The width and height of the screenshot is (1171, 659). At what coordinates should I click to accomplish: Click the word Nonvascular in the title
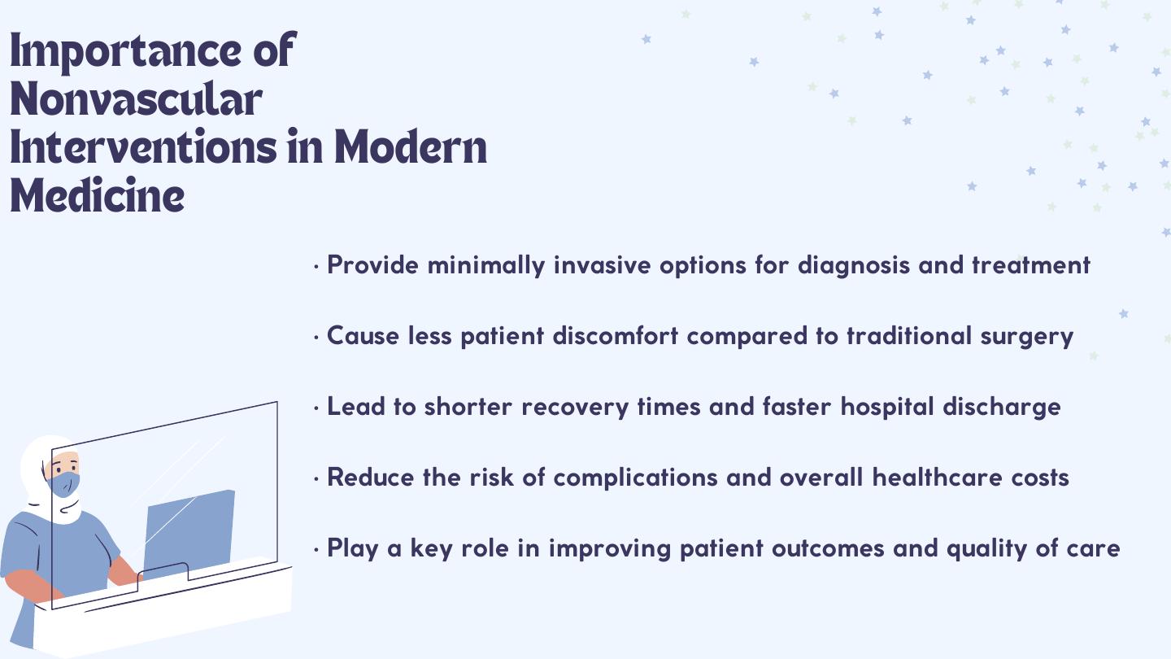136,99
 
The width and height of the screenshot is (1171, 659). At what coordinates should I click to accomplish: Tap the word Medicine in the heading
98,195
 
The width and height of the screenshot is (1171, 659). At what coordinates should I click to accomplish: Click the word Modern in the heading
411,147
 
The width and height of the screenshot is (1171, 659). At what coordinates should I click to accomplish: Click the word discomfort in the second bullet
616,335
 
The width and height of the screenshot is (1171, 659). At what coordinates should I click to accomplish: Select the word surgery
1027,337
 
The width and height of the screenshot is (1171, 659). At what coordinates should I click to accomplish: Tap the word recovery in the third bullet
575,408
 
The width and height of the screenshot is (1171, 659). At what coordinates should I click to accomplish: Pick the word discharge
1002,407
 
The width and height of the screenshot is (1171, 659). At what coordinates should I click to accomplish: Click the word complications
635,478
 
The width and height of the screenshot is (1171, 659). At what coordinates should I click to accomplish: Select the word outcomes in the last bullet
828,548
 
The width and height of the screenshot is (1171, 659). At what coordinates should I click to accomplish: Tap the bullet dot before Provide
316,267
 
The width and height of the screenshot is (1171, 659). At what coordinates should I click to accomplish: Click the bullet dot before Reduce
316,479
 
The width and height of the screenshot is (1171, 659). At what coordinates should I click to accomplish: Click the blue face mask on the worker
63,485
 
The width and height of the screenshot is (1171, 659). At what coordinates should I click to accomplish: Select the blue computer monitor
189,533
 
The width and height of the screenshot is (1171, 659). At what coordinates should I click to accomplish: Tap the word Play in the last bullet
353,549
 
